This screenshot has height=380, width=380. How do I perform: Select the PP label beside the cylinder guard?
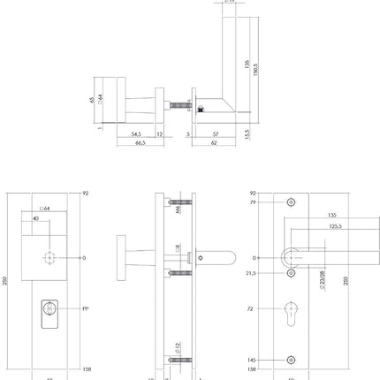coord(85,310)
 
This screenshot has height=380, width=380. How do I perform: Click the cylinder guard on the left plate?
coord(48,310)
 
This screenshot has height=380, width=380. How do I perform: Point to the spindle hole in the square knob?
coord(48,258)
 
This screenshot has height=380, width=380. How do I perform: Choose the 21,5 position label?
coord(251,274)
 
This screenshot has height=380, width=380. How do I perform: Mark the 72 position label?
coord(251,310)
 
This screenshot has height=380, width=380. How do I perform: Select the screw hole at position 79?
coord(293,201)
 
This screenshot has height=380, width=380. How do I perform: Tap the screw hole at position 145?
coord(293,360)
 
